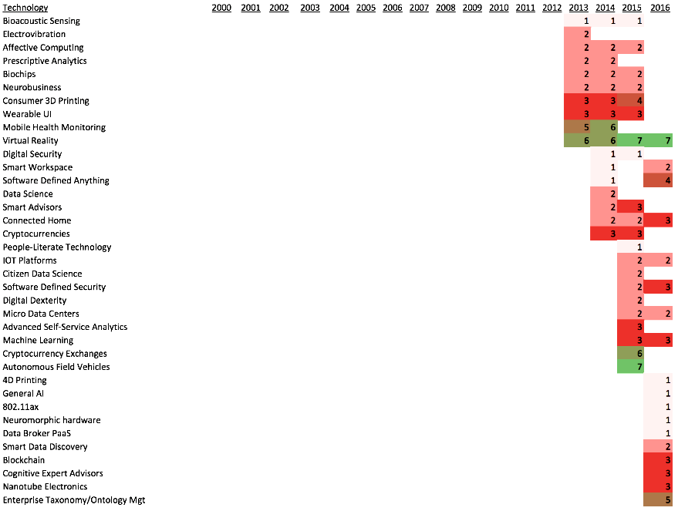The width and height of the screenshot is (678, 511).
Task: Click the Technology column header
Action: pyautogui.click(x=25, y=8)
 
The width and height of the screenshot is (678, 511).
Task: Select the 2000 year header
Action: pyautogui.click(x=221, y=8)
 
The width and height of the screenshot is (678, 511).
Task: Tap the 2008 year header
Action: pyautogui.click(x=445, y=8)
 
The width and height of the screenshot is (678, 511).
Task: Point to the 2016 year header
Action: pyautogui.click(x=660, y=8)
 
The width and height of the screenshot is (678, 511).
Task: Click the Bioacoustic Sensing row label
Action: pyautogui.click(x=41, y=21)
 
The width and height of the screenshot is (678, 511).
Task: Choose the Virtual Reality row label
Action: pyautogui.click(x=30, y=141)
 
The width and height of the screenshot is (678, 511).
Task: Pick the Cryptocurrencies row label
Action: pyautogui.click(x=36, y=234)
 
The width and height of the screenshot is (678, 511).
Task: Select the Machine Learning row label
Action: pyautogui.click(x=38, y=341)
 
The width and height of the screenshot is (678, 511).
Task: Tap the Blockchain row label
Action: pyautogui.click(x=24, y=460)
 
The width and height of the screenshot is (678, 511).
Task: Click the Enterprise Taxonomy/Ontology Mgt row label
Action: pyautogui.click(x=74, y=500)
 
